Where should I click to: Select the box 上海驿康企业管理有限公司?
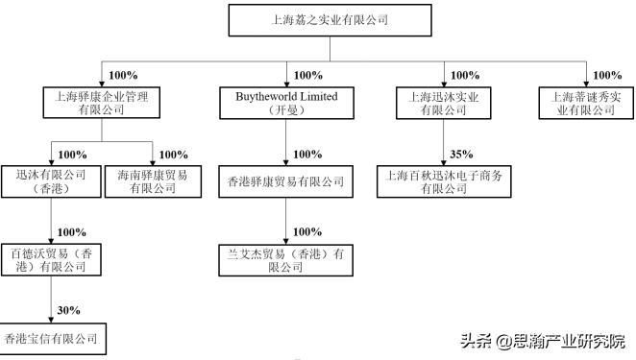pos(99,103)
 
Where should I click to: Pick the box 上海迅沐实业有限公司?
pos(444,103)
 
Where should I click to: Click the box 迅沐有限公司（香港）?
pos(49,181)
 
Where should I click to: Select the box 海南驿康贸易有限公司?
pos(153,181)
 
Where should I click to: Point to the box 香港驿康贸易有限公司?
pos(287,181)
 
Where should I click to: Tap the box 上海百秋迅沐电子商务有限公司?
pos(443,181)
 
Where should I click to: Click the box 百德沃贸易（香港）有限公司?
pos(49,260)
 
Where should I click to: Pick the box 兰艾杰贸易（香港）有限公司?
pos(287,260)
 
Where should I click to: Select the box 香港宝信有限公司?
pos(50,339)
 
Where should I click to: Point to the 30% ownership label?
pos(69,310)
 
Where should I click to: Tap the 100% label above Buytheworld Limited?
pos(307,75)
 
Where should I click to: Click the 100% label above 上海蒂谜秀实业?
pos(607,75)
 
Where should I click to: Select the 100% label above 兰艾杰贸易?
pos(307,232)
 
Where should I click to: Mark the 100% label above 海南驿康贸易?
pos(173,154)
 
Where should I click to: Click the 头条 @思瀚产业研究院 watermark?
pos(542,340)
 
